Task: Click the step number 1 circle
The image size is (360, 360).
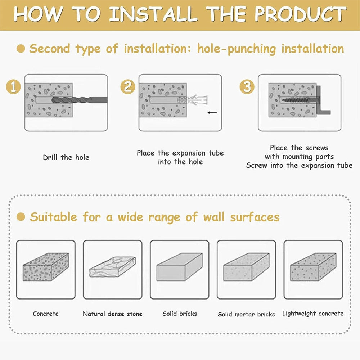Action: pos(13,87)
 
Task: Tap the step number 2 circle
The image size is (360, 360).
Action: pos(128,87)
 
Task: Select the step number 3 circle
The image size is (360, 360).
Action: pos(247,87)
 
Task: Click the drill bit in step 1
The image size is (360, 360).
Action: pos(80,100)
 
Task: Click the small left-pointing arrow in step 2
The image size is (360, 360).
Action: pos(212,112)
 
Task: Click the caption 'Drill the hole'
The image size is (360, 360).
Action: pos(66,158)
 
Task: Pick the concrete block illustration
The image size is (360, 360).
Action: pos(46,267)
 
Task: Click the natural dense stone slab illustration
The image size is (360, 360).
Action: pos(112,267)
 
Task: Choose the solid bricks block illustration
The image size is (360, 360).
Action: pos(180,267)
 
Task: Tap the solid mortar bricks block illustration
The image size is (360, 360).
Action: pos(246,267)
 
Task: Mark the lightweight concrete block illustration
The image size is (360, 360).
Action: pos(314,267)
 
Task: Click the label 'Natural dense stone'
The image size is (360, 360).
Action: pos(112,314)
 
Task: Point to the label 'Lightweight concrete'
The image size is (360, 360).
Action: pos(313,314)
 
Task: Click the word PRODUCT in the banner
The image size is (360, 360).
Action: pos(300,14)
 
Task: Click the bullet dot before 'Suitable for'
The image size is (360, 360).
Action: pos(21,217)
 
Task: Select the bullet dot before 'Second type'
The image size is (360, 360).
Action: pos(21,49)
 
